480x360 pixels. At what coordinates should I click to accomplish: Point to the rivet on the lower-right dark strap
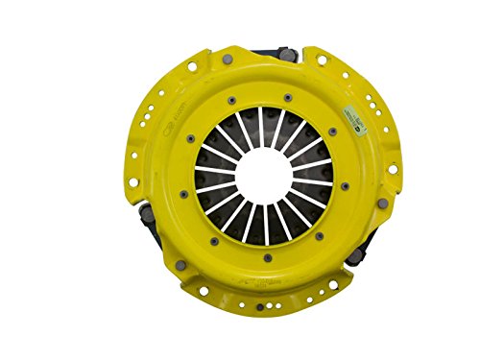pyautogui.click(x=354, y=254)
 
